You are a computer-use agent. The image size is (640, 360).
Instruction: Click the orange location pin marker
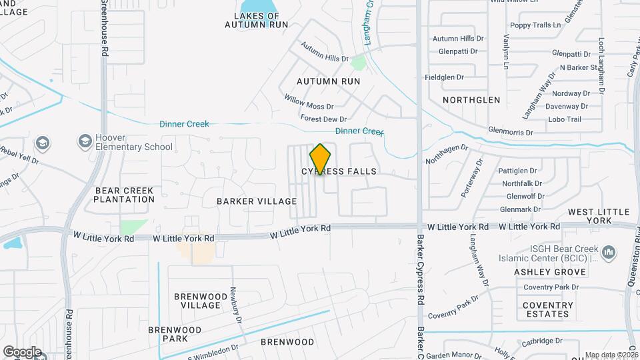pyautogui.click(x=320, y=159)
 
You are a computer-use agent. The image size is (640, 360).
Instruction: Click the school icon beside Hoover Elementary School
pyautogui.click(x=85, y=141)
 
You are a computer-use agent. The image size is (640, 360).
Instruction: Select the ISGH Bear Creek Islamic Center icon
pyautogui.click(x=608, y=253)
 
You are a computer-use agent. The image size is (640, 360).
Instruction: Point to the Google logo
pyautogui.click(x=22, y=351)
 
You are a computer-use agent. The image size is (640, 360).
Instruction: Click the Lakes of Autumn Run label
pyautogui.click(x=256, y=20)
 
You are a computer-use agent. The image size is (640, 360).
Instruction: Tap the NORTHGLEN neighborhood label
pyautogui.click(x=472, y=99)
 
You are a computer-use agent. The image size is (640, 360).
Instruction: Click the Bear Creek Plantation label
pyautogui.click(x=124, y=195)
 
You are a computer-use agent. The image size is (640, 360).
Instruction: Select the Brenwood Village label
pyautogui.click(x=197, y=301)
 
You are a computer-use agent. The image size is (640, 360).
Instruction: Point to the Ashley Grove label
pyautogui.click(x=544, y=272)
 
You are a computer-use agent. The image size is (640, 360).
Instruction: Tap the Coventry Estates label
pyautogui.click(x=547, y=309)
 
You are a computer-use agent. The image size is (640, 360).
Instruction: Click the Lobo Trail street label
pyautogui.click(x=564, y=119)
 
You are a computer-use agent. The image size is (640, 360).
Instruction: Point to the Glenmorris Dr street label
pyautogui.click(x=510, y=132)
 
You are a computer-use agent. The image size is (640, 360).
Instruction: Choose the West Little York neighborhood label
pyautogui.click(x=599, y=216)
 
